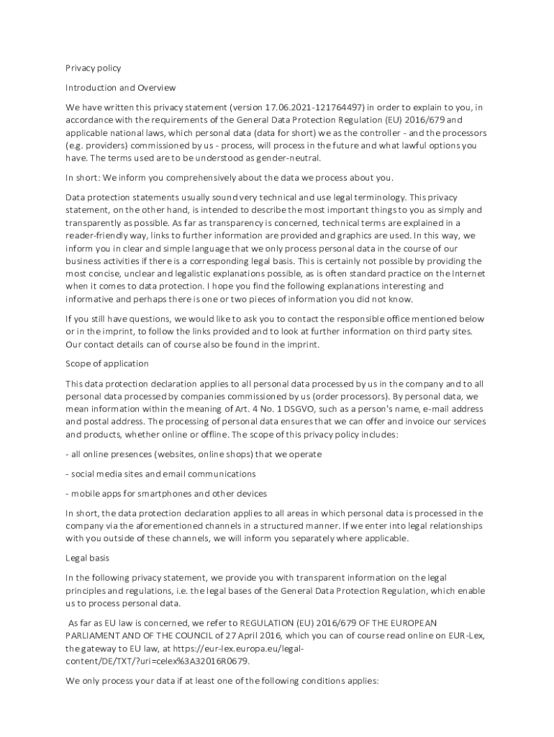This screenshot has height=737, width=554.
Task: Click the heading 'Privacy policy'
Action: [94, 68]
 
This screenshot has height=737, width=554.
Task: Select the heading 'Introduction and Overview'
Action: [121, 88]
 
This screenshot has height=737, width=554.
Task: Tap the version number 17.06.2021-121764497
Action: [310, 108]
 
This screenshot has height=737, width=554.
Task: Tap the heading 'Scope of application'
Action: [107, 363]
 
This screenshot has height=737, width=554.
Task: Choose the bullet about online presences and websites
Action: [194, 455]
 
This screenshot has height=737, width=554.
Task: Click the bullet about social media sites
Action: [160, 474]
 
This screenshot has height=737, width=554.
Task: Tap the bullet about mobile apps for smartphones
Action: [166, 494]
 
